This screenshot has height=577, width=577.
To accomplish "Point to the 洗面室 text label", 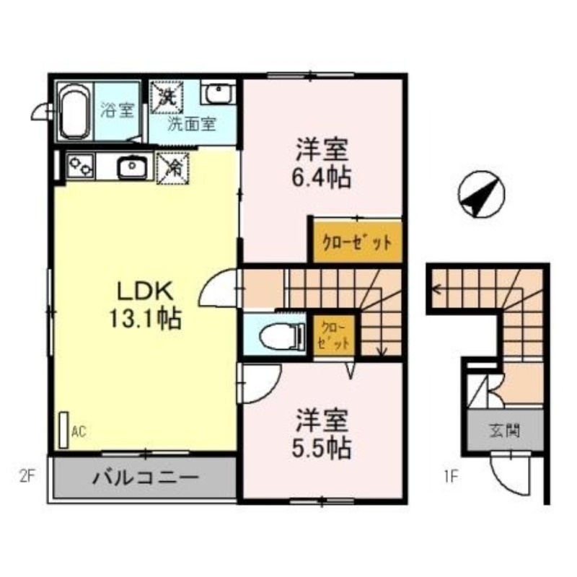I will tap(191, 123).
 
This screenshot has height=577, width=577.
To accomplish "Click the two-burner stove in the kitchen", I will tap(80, 168).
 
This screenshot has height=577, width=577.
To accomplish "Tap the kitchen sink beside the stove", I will tap(131, 168).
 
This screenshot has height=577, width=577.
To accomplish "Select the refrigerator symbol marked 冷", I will tap(173, 167).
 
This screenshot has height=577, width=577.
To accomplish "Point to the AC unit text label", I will tap(79, 432).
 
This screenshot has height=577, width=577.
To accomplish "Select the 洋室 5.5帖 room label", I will tap(322, 435).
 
